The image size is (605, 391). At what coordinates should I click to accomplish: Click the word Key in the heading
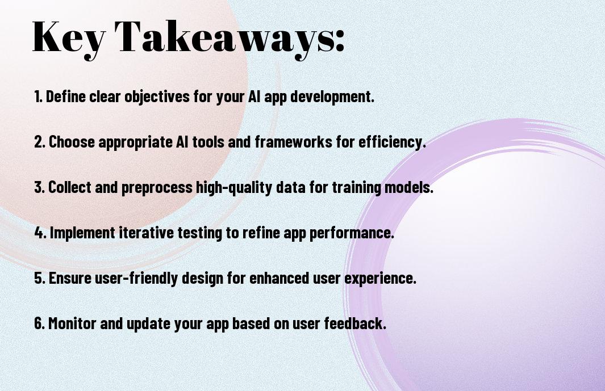click(68, 37)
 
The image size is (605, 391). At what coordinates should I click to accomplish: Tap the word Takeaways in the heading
click(224, 37)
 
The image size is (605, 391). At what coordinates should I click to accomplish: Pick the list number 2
click(40, 142)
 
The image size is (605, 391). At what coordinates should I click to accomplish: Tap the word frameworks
click(293, 142)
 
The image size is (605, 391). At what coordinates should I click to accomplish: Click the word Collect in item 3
click(69, 187)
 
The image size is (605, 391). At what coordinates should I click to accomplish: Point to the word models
click(409, 187)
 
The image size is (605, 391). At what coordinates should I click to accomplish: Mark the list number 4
click(40, 233)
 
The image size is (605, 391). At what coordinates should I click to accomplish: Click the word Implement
click(82, 233)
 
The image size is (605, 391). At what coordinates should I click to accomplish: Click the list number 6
click(40, 323)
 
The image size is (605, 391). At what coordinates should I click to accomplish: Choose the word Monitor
click(72, 323)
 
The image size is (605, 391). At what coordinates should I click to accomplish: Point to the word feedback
click(355, 323)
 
